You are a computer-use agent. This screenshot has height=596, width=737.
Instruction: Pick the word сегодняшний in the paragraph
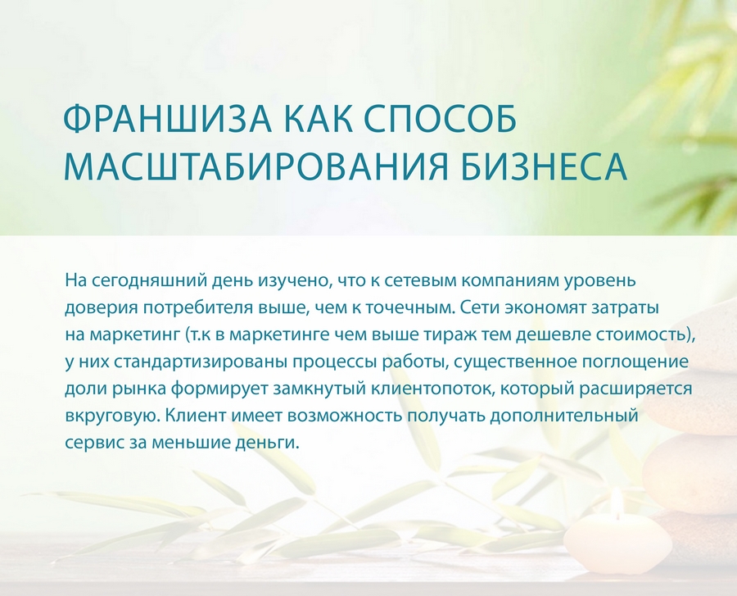(147, 281)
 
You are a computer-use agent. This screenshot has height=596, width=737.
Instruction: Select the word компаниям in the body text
(509, 281)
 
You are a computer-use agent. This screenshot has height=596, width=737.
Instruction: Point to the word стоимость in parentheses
(640, 335)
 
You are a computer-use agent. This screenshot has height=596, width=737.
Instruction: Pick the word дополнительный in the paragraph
(563, 416)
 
